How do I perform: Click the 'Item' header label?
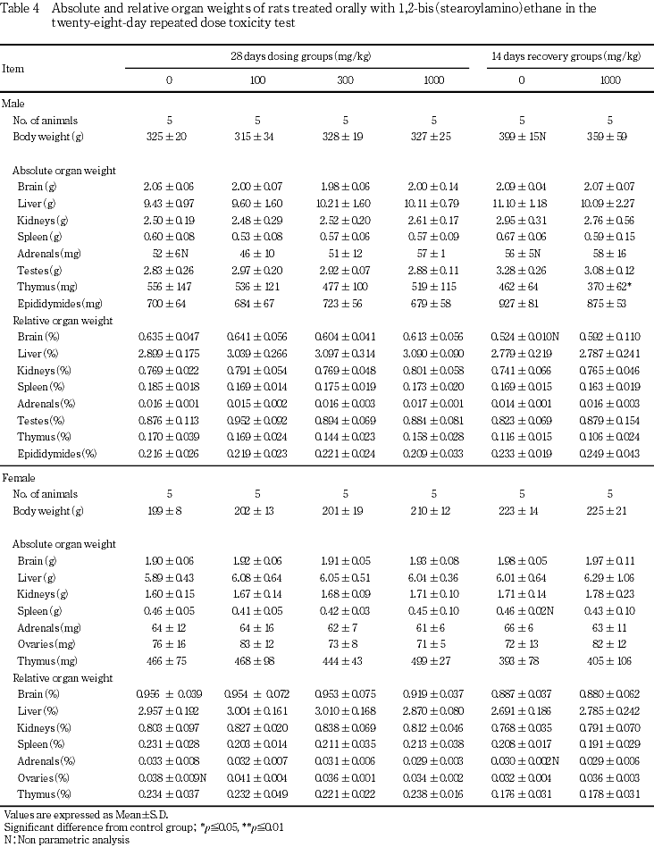coord(13,68)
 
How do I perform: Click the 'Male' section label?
coord(13,104)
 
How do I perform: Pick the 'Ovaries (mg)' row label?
coord(43,643)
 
